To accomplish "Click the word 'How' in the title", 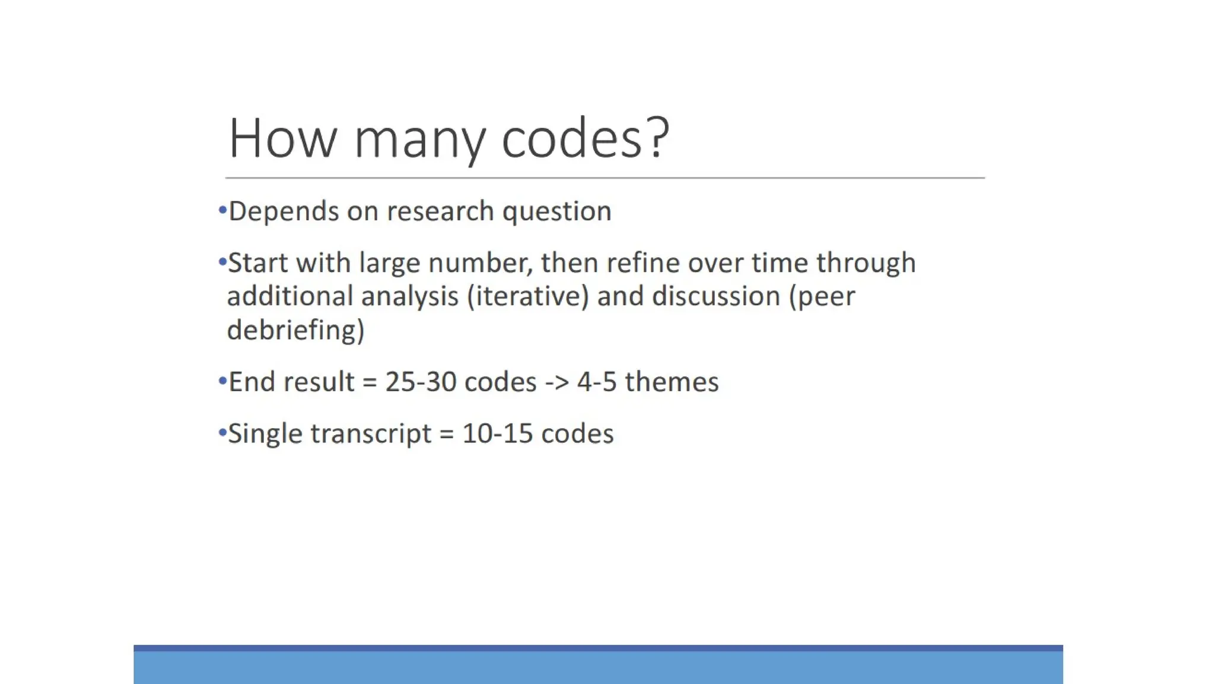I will tap(282, 138).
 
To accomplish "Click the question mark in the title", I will tap(659, 138).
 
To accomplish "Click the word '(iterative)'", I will tap(527, 297).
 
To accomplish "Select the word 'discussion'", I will tap(715, 296).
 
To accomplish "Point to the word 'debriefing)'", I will tap(295, 330).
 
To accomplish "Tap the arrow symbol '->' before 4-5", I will tap(556, 382).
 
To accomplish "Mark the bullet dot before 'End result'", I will tap(222, 381).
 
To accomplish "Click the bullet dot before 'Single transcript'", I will tap(222, 433).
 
